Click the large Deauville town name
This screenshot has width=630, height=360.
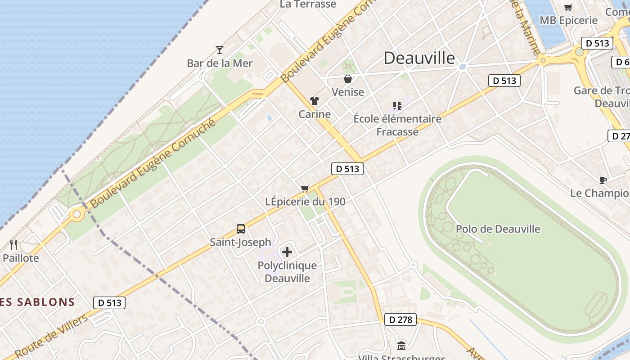click(419, 58)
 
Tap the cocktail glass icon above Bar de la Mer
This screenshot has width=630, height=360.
click(220, 49)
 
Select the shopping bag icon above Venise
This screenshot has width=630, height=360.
click(348, 79)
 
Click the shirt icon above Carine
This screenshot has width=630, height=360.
click(314, 101)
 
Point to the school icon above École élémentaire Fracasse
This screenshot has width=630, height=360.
click(397, 106)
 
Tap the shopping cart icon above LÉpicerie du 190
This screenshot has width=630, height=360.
click(305, 189)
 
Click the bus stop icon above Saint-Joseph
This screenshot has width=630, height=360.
click(241, 229)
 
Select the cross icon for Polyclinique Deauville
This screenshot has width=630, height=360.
click(287, 252)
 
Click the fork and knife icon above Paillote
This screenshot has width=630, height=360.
click(13, 245)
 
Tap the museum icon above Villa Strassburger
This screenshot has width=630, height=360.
click(401, 346)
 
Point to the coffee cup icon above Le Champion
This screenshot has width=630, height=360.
click(603, 180)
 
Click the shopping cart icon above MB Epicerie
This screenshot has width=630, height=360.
click(568, 7)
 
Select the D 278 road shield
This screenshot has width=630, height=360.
click(400, 320)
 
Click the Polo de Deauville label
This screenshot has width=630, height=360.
click(498, 229)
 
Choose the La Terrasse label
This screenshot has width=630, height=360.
click(308, 4)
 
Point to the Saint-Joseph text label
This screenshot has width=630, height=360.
click(241, 242)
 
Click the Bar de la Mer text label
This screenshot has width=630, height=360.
click(220, 63)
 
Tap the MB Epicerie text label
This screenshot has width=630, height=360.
click(568, 20)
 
